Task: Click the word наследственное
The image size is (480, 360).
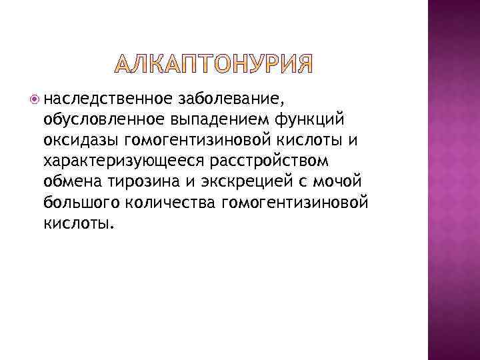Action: (x=108, y=100)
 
